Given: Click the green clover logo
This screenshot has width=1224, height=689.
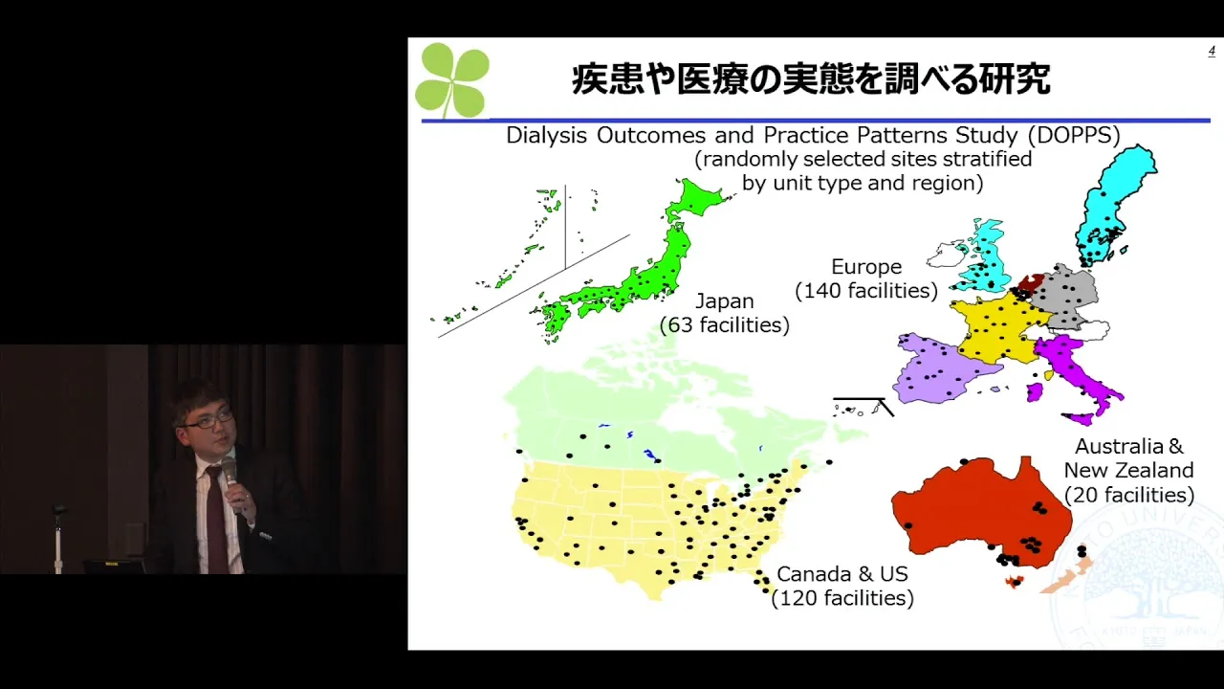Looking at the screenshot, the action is tap(452, 79).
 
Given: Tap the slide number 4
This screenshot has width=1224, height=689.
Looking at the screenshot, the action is tap(1212, 52).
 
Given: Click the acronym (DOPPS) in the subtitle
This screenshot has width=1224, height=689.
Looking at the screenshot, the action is tap(1074, 135).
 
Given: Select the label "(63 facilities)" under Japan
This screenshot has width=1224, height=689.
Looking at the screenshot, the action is tap(725, 324).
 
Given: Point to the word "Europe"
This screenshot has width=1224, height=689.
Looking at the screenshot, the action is tap(866, 267).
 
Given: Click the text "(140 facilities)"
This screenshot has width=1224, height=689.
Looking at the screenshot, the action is tap(866, 290).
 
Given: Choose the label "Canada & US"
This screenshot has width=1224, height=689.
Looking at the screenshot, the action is tap(842, 574).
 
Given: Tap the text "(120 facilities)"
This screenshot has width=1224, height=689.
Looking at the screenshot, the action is tap(842, 598).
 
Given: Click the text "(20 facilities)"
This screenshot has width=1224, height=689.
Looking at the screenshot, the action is tap(1129, 495).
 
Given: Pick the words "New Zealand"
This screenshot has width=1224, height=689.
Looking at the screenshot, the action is tap(1129, 470).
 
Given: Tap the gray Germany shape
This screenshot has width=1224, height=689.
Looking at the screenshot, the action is tap(1065, 298).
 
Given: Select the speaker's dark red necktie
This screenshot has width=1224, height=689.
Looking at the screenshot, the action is tap(216, 520).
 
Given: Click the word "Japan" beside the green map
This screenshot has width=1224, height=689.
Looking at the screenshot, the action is tap(725, 301).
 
